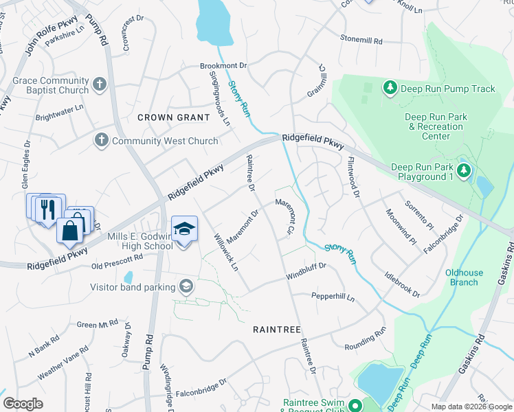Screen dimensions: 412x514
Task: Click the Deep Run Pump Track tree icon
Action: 390,88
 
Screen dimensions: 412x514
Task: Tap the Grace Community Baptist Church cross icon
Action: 100,84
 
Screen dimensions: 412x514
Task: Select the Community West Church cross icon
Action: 101,141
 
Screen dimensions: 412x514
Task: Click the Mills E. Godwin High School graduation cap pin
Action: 184,229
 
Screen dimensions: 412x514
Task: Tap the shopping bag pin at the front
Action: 70,231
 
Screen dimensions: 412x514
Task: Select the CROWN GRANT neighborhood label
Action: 173,117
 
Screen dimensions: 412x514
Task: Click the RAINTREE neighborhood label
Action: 276,330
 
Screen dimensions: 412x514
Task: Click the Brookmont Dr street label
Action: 223,65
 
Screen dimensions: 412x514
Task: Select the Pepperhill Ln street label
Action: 333,297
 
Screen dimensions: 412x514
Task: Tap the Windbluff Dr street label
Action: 306,276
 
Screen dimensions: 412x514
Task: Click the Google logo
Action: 23,404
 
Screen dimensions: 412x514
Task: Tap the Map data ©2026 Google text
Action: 471,407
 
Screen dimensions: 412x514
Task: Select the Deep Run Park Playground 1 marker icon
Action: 465,170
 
